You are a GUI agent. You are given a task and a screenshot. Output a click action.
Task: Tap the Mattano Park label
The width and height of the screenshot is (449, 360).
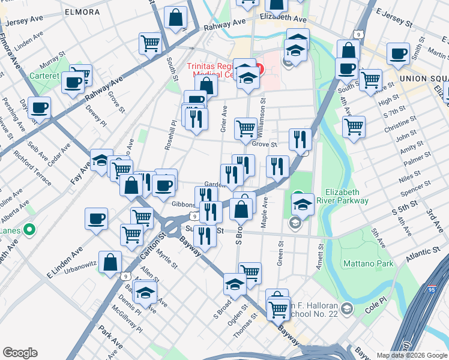368,263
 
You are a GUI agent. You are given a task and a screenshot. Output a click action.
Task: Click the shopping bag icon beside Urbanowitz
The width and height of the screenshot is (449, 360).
110,262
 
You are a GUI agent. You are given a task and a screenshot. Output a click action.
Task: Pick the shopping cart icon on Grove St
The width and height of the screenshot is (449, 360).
246,128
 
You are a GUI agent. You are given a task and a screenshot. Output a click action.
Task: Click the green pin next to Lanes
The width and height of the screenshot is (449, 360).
28,230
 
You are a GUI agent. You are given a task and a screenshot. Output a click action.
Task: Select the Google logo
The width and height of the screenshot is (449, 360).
20,353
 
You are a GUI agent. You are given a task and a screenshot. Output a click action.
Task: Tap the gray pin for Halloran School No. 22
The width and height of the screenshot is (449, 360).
346,308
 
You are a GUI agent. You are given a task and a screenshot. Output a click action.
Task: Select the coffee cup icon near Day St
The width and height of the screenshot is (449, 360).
39,108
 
